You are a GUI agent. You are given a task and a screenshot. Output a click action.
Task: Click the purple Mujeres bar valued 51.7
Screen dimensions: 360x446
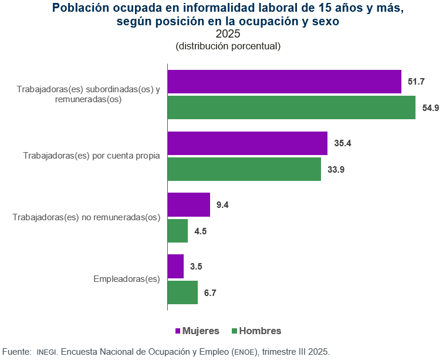point(285,82)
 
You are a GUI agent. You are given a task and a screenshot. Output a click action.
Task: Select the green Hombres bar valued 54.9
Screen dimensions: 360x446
point(292,107)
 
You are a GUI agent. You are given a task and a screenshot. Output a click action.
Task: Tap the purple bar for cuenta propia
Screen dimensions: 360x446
point(247,143)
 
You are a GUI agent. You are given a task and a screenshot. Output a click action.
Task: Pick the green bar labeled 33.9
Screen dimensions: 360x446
point(244,169)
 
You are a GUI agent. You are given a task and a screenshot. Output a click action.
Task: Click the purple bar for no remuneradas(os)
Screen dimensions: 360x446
point(189,205)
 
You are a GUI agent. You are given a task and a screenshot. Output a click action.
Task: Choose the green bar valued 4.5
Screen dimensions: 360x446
point(178,231)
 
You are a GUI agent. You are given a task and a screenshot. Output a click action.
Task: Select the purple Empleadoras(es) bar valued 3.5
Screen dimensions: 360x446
point(175,267)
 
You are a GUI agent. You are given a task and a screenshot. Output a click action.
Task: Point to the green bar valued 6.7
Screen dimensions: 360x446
point(183,292)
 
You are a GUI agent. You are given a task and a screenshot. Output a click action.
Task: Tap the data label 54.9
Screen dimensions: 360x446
point(431,107)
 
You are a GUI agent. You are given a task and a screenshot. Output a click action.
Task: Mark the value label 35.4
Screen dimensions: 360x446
point(342,143)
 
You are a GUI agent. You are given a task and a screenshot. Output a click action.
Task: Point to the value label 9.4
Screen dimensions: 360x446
point(222,205)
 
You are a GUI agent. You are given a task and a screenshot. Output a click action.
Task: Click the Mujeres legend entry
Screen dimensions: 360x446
point(197,331)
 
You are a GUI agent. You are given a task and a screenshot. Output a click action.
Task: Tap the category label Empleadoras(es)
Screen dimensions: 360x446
point(127,279)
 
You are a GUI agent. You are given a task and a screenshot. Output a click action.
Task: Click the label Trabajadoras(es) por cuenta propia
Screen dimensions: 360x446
point(92,156)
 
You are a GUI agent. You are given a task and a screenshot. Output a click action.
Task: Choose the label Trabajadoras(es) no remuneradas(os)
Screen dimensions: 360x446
point(86,217)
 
